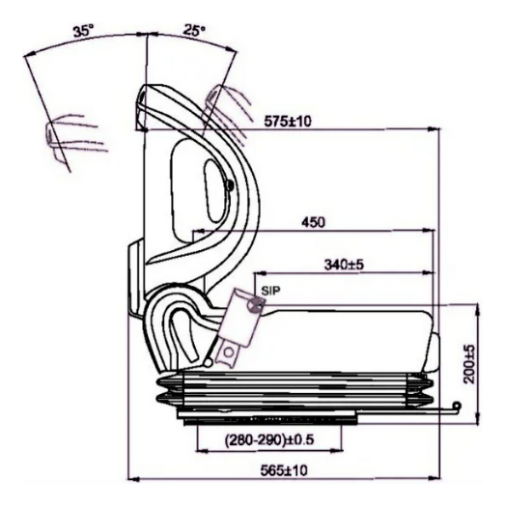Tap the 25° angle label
coord(193,31)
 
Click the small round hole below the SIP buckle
coord(228,355)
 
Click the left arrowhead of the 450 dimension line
coord(196,232)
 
